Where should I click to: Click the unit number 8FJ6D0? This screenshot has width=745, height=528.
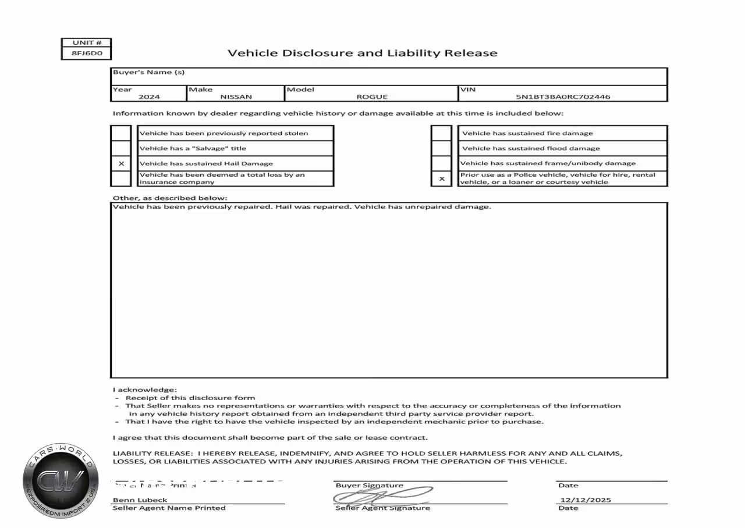tap(86, 53)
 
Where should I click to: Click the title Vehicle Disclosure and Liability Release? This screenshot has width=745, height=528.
tap(362, 53)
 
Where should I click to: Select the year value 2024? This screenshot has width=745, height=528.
tap(149, 97)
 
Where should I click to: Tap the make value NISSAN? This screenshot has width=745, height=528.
tap(236, 97)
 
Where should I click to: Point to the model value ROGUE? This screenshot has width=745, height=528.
tap(372, 97)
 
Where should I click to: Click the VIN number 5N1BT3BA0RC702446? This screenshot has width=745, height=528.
tap(563, 97)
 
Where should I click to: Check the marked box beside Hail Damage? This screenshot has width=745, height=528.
tap(121, 163)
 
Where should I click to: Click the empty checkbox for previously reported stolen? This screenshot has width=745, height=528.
tap(121, 133)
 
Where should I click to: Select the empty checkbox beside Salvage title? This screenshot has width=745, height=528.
tap(121, 148)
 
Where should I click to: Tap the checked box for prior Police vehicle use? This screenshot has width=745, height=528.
tap(442, 179)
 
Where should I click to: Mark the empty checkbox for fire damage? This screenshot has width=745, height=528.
tap(442, 133)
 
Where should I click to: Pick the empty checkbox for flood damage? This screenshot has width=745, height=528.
tap(442, 148)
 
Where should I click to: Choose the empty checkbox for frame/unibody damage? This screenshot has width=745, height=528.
tap(442, 163)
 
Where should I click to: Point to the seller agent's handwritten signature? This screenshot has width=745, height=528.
tap(381, 496)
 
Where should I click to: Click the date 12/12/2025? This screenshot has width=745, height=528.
tap(586, 500)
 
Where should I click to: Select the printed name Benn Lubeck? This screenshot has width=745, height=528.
tap(140, 500)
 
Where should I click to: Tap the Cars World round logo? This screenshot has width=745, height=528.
tap(61, 481)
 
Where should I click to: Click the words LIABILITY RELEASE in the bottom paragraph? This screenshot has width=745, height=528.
tap(152, 453)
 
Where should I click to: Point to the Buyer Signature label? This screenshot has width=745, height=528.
tap(369, 485)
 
